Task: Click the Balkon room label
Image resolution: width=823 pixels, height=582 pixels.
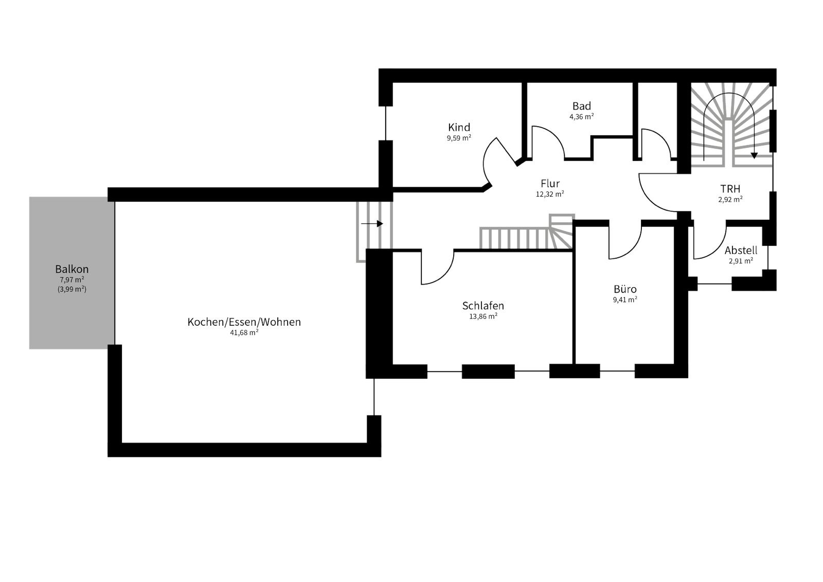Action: point(71,269)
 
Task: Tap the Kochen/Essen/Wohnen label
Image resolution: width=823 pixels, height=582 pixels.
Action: point(244,322)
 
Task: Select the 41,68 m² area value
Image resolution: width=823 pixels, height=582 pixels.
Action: point(244,333)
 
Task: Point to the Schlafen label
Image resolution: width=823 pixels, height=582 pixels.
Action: point(483,306)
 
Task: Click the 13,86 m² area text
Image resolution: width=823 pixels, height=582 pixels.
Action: point(483,316)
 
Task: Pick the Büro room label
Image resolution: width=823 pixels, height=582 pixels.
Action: point(625,289)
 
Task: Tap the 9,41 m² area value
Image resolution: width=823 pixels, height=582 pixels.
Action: point(625,299)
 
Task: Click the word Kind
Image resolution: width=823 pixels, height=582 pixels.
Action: point(459,127)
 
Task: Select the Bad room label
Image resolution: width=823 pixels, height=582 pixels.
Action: point(582,106)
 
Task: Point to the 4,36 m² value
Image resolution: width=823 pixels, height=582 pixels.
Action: point(582,117)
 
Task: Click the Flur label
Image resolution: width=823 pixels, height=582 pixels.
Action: point(550,184)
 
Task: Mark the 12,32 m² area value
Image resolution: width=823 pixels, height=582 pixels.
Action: point(550,194)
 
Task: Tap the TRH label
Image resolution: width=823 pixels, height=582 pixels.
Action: point(730,189)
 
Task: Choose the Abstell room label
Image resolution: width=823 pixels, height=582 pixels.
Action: point(741,251)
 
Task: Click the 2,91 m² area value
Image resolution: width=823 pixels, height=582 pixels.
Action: point(741,261)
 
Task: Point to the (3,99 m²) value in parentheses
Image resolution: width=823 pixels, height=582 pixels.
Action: point(71,289)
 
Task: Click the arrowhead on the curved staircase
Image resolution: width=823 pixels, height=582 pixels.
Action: point(754,155)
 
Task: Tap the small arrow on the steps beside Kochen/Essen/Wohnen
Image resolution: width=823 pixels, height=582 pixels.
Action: point(372,223)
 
